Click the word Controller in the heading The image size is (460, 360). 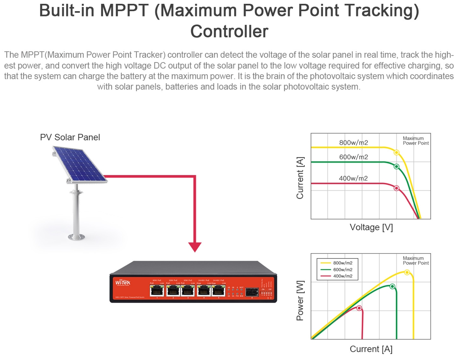click(229, 31)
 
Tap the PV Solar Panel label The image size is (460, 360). click(70, 137)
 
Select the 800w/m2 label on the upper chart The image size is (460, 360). click(353, 143)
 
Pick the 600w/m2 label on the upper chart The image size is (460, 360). click(353, 157)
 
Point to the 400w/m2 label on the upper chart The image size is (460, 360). click(353, 178)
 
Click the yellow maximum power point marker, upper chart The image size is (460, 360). click(396, 152)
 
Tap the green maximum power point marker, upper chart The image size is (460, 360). click(396, 167)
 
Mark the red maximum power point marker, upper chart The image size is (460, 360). click(396, 188)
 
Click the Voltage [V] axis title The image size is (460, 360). click(371, 227)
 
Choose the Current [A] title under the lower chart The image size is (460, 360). click(371, 349)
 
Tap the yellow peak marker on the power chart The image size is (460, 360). click(407, 272)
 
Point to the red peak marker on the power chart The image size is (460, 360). click(359, 308)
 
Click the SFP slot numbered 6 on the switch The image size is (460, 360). click(252, 291)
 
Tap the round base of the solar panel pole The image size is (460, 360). click(76, 237)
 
